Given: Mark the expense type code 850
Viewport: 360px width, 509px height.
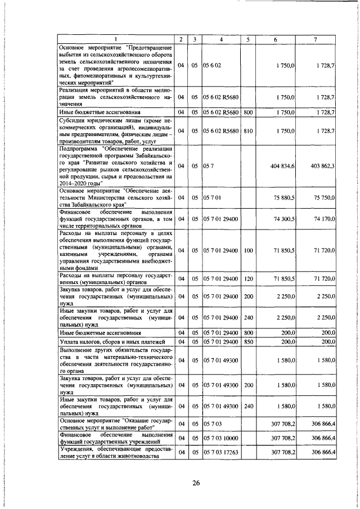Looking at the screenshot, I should (248, 341).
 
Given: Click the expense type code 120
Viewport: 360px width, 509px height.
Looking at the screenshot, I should (248, 278).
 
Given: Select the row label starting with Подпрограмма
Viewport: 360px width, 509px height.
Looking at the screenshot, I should (116, 166).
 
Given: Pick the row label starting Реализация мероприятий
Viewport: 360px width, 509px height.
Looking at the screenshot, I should (116, 97).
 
